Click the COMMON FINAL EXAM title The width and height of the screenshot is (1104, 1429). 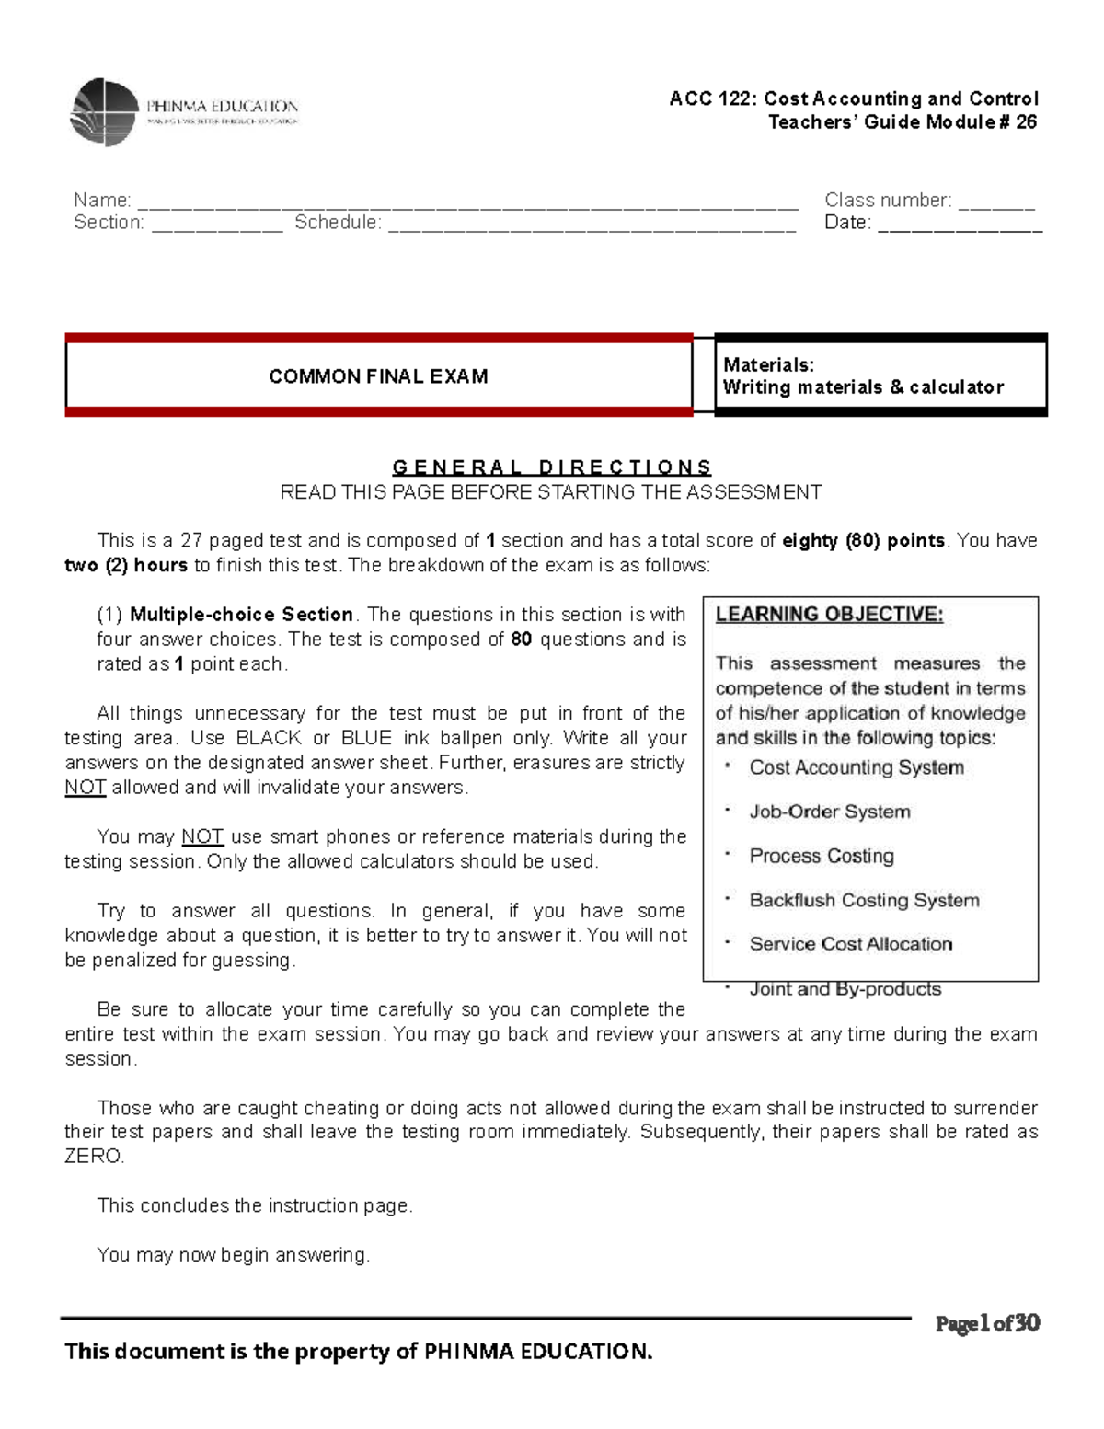[378, 376]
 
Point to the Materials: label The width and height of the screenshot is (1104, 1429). [768, 365]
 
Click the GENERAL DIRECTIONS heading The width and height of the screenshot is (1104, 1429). [552, 467]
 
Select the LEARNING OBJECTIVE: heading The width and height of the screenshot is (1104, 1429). [829, 615]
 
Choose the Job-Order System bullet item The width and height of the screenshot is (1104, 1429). [829, 812]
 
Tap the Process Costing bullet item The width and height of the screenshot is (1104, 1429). [821, 856]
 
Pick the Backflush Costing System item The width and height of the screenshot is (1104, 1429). [864, 900]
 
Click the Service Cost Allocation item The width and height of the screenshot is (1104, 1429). [850, 944]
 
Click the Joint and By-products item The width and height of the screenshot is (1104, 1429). [845, 989]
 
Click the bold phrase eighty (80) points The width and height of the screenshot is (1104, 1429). [863, 541]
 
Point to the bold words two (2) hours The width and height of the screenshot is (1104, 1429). [126, 565]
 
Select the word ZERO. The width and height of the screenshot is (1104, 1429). [93, 1157]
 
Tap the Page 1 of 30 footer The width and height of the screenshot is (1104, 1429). [987, 1324]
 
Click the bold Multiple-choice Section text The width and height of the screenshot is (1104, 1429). [241, 615]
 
